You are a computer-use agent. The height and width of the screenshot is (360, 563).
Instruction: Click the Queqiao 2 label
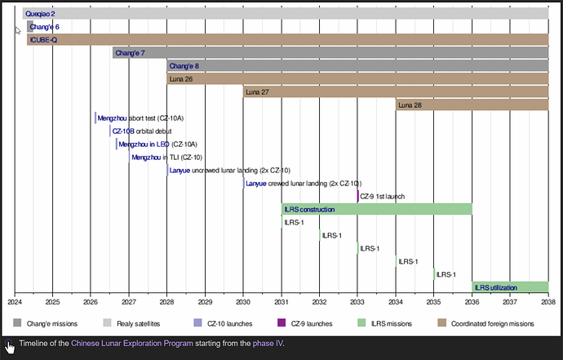[x=40, y=14]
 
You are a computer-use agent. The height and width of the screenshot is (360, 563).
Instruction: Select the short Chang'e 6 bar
[x=30, y=27]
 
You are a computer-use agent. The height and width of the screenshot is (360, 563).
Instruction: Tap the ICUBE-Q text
[x=43, y=40]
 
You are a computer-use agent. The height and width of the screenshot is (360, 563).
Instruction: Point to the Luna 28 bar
[x=472, y=105]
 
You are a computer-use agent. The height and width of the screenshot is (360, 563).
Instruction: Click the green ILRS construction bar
[x=377, y=209]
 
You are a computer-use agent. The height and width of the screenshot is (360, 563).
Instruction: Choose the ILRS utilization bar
[x=510, y=287]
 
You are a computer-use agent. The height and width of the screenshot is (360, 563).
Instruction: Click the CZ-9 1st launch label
[x=383, y=197]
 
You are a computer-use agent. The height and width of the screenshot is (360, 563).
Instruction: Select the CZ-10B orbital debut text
[x=142, y=131]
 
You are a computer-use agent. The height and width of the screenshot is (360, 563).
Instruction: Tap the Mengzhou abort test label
[x=140, y=118]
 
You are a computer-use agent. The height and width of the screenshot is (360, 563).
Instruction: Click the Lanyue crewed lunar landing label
[x=304, y=184]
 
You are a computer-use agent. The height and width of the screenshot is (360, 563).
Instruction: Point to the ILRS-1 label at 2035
[x=446, y=274]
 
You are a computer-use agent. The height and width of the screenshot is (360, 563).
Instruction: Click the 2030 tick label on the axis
[x=243, y=302]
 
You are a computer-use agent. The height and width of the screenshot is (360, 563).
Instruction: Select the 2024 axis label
[x=15, y=302]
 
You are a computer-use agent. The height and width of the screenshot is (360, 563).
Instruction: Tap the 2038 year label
[x=548, y=302]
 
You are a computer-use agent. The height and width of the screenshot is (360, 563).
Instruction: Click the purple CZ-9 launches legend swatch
[x=281, y=322]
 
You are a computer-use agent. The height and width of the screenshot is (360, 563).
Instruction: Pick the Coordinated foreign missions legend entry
[x=486, y=323]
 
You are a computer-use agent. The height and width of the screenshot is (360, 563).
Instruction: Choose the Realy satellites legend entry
[x=131, y=323]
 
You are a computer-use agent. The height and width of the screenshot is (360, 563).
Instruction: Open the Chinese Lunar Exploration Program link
[x=132, y=343]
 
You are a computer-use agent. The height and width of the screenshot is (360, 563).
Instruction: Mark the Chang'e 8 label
[x=184, y=66]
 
